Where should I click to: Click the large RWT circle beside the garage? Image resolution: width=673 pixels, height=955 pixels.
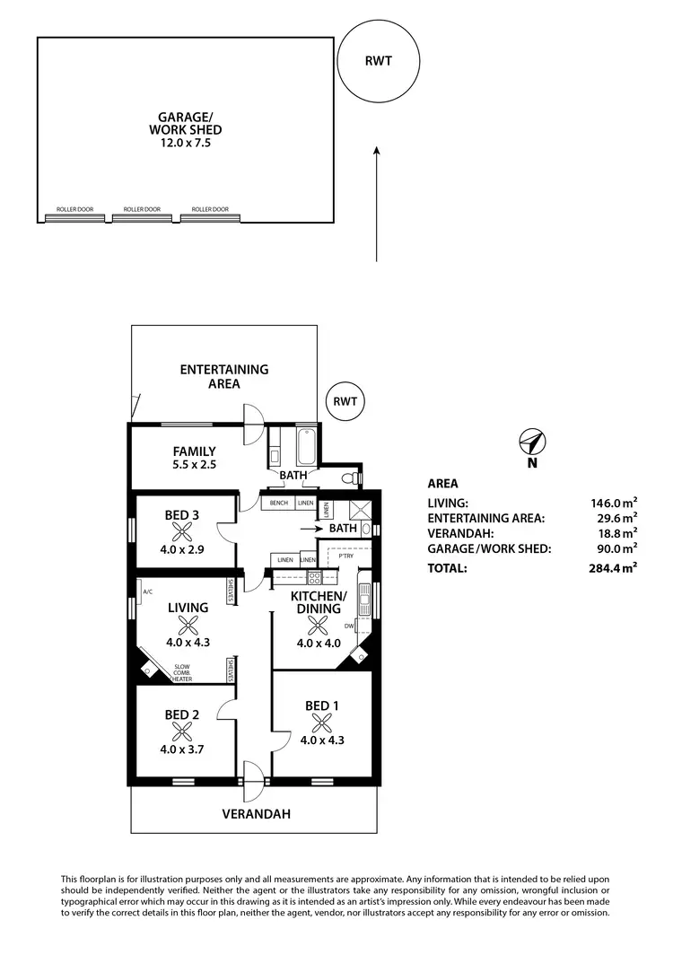coord(377,62)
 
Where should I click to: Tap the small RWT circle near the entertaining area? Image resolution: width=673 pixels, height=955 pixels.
coord(345,401)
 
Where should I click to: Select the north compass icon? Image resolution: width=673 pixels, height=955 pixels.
coord(532,442)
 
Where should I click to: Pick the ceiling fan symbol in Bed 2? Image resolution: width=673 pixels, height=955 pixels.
coord(182,731)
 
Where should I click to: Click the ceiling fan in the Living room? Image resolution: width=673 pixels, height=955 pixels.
coord(187,625)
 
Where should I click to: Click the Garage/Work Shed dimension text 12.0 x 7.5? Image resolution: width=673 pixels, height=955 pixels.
coord(184,143)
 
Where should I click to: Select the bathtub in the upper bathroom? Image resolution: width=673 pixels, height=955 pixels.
coord(305,443)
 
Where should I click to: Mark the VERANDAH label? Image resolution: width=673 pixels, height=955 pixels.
coord(258,814)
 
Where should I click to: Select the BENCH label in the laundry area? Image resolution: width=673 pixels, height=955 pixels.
coord(278,504)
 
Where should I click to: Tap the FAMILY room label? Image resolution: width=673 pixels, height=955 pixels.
coord(194,451)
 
